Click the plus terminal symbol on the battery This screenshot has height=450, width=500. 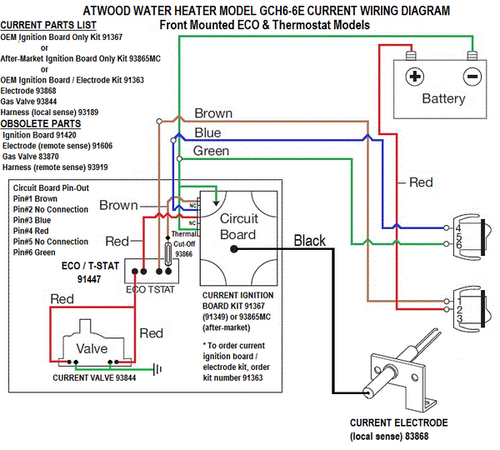414,77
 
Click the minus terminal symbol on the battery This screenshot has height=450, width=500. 472,77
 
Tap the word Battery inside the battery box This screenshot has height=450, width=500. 443,98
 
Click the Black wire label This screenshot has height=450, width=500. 310,241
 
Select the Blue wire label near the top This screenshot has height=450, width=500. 207,132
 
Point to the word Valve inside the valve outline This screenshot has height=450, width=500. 92,348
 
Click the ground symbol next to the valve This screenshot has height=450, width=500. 157,369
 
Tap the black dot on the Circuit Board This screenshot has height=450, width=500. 234,249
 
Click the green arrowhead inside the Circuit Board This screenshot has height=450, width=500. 216,203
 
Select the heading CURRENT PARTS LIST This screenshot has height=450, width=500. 48,25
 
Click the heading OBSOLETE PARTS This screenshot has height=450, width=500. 41,123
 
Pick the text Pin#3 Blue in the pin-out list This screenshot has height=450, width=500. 32,220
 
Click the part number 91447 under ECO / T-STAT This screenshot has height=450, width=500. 89,279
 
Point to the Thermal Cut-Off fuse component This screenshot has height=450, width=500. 167,253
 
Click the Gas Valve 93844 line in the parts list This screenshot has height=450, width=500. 28,102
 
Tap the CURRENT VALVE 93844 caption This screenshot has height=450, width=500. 94,378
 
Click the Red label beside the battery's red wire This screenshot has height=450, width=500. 421,182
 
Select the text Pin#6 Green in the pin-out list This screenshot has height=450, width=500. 34,252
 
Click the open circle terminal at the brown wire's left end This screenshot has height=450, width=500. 159,121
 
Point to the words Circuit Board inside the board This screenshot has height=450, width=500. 238,227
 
